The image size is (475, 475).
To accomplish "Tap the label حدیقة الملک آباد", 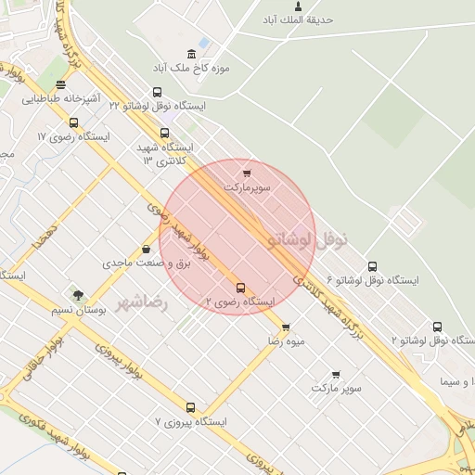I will tap(298, 19).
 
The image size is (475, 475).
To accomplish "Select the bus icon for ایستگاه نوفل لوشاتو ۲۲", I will tap(157, 92).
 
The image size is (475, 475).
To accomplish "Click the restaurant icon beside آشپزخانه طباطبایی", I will tap(60, 83).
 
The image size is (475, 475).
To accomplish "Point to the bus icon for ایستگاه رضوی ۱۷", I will tap(73, 122).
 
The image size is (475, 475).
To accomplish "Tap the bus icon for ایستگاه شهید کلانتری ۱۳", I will tap(165, 133).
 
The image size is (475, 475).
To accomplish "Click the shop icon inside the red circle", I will tap(247, 173).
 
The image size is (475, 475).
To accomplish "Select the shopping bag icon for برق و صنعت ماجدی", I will tap(146, 249).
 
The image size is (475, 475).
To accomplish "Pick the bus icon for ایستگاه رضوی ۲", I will tap(241, 288).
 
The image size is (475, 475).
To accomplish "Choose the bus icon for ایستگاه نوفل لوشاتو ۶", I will tap(372, 266).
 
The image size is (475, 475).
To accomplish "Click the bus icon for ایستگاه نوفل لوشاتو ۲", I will tap(437, 327).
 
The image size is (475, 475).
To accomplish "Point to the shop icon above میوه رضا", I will tap(286, 327).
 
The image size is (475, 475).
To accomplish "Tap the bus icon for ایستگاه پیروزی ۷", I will tap(190, 407).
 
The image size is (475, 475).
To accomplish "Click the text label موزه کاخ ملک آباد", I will tap(192, 68).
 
